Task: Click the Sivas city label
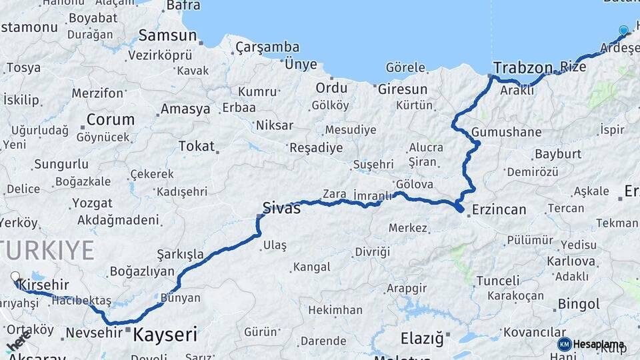click(x=281, y=208)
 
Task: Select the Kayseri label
click(x=165, y=334)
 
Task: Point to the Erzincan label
click(x=499, y=209)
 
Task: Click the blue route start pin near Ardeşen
click(x=623, y=31)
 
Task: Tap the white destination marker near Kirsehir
click(x=15, y=276)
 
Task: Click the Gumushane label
click(x=506, y=132)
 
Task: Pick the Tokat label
click(x=197, y=146)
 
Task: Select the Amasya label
click(x=185, y=109)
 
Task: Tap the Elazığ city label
click(x=422, y=339)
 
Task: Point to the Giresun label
click(x=403, y=89)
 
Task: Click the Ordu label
click(x=331, y=88)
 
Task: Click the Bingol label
click(x=579, y=305)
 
